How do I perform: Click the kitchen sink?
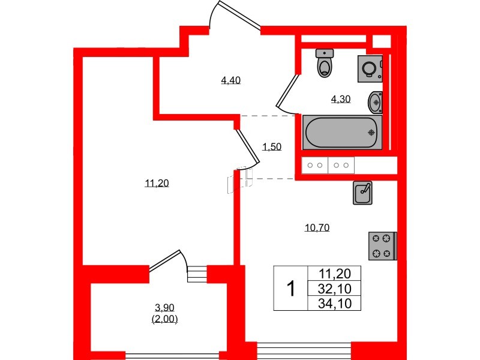pos(363,193)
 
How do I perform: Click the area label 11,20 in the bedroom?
pos(157,184)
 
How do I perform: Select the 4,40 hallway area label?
pos(231,80)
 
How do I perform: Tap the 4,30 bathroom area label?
pos(341,100)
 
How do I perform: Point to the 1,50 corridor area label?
pos(272,146)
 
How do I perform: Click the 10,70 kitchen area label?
pos(318,227)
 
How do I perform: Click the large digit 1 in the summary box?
pos(290,289)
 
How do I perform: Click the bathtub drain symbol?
pos(371,133)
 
